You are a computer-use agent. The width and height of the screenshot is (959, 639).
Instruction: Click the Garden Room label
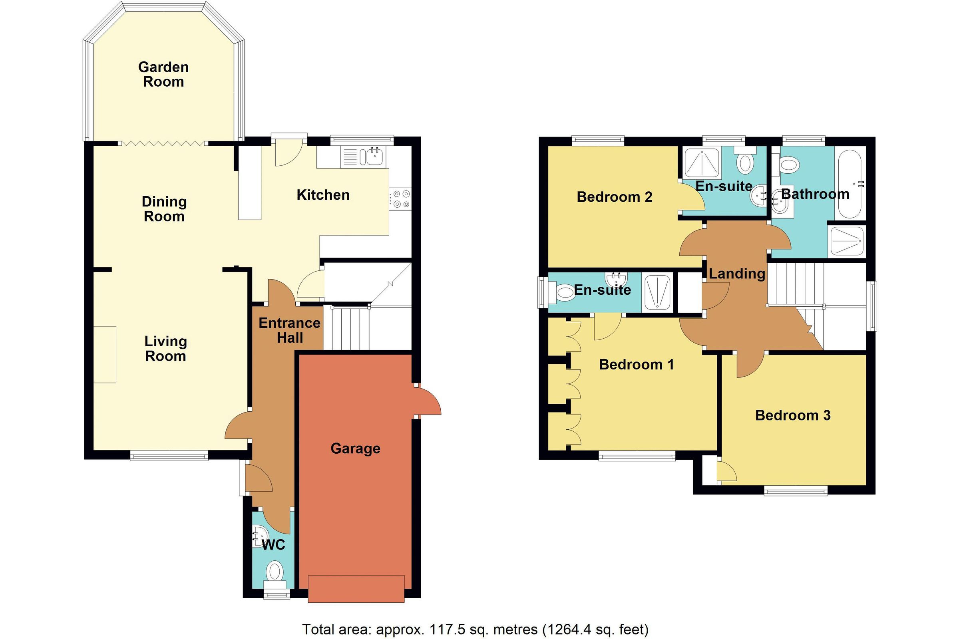[x=163, y=75]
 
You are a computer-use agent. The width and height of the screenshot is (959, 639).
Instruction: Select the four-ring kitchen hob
[x=401, y=200]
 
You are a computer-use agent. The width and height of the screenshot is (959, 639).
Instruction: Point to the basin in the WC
[x=259, y=536]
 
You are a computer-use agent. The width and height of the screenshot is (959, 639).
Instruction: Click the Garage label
[x=355, y=448]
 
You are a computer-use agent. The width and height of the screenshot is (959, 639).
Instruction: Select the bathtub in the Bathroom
[x=850, y=185]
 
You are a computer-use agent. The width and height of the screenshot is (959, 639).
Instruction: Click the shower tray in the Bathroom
[x=846, y=241]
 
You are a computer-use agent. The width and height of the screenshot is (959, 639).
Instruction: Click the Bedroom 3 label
[x=793, y=415]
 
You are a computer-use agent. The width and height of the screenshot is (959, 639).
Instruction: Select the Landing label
[x=736, y=274]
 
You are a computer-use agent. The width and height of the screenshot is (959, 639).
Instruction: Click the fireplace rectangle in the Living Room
[x=105, y=354]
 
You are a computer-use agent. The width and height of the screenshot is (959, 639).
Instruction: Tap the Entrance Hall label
[x=289, y=331]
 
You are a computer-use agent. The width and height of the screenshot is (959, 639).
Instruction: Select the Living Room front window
[x=169, y=455]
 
